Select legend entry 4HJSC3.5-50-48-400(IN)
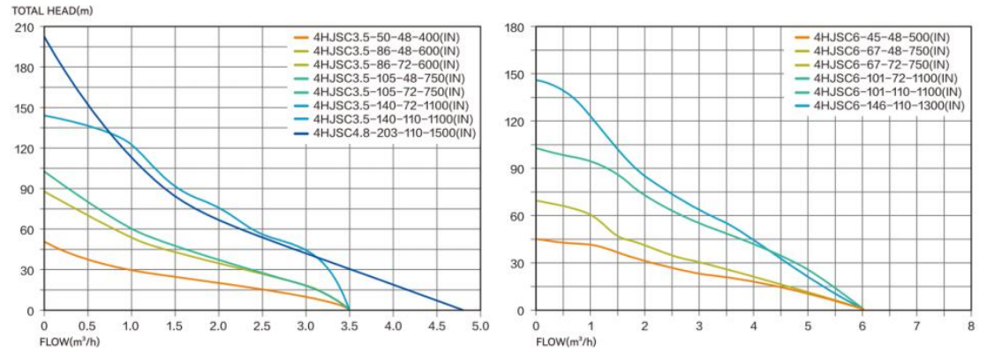[385, 37]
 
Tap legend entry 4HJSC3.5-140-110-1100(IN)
[392, 119]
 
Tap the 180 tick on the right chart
[515, 28]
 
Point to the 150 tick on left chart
[25, 109]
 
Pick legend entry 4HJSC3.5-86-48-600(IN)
[385, 51]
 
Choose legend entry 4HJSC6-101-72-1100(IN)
[885, 79]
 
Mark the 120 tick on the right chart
[515, 122]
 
